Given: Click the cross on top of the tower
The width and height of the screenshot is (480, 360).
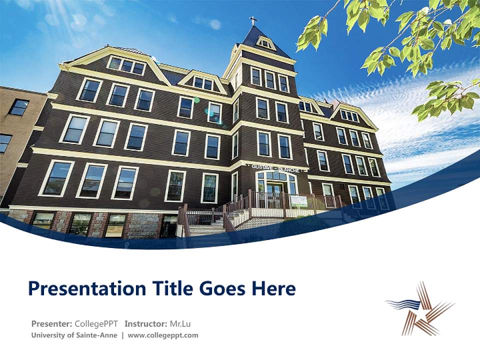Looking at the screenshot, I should pos(253,21).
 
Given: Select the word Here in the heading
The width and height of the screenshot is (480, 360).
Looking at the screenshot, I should pos(273,288).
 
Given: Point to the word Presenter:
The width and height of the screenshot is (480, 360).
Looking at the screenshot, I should pos(51,323).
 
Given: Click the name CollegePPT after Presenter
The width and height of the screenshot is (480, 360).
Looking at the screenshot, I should pos(96,323).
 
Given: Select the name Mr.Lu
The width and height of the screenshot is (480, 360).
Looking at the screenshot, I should pos(180,323).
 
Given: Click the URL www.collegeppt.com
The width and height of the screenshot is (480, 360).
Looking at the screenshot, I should pos(163,335).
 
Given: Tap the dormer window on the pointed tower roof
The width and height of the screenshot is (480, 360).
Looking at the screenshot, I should pos(265,43).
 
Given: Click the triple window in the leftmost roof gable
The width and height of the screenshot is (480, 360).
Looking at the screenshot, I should pos(126,65).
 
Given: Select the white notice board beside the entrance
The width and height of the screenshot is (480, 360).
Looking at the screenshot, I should pos(299,201).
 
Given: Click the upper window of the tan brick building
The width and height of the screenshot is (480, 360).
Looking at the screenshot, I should pos(19,106).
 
